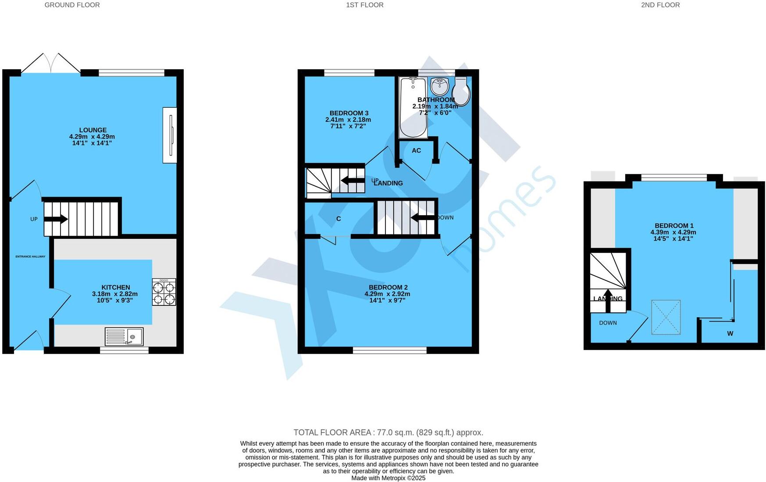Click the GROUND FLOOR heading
pos(72,5)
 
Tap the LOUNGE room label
pos(93,130)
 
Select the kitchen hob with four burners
pos(164,292)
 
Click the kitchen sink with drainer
pos(124,337)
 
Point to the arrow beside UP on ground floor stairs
pos(56,219)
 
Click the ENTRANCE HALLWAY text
pos(30,256)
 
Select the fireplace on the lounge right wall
pos(170,135)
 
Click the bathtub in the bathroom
pos(412,108)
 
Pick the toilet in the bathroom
pos(461,92)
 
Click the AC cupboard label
pos(416,150)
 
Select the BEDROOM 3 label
pos(349,113)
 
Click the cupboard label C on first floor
pos(338,219)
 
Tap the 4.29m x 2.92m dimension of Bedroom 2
pos(387,294)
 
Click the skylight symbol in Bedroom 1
pos(666,317)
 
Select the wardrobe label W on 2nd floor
pos(730,333)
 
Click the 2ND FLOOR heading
pos(660,5)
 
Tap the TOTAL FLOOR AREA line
pos(388,432)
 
